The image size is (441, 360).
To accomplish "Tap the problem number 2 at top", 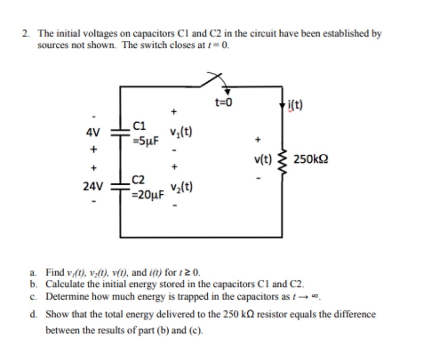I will (x=25, y=33).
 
